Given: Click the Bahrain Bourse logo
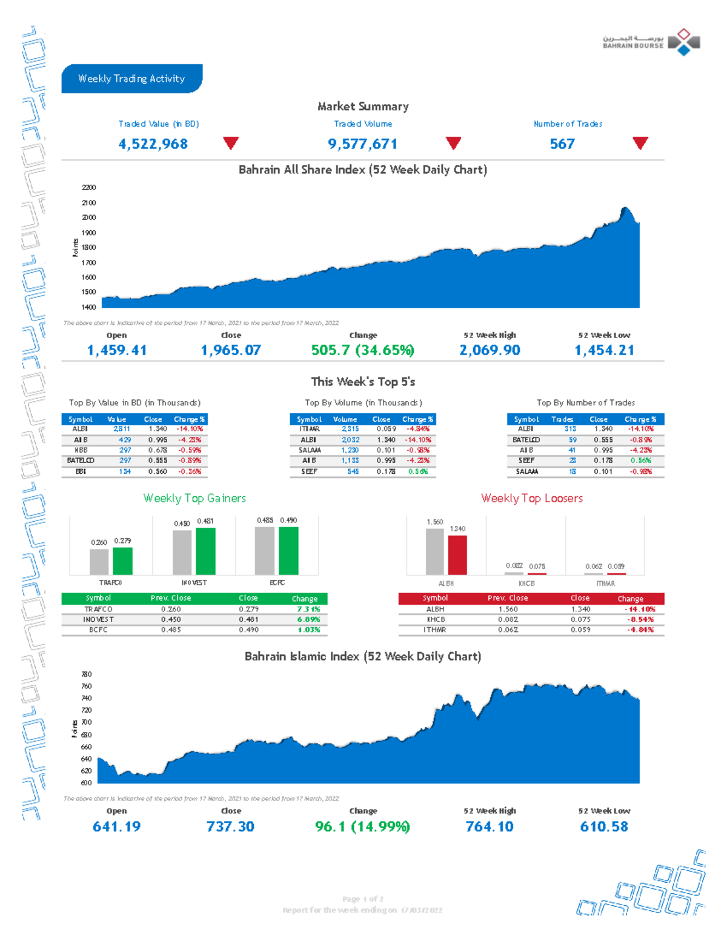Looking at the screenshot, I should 651,42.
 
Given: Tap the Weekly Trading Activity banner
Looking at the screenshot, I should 131,79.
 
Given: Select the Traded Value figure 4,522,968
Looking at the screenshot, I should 153,144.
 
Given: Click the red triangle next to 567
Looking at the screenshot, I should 640,143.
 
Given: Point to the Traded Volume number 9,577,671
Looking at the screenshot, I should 362,144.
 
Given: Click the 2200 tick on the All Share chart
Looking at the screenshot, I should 88,188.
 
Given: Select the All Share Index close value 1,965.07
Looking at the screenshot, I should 231,350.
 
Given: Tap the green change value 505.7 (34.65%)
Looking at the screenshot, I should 362,350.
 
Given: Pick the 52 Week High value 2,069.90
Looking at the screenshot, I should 490,350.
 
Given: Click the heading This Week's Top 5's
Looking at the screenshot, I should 363,382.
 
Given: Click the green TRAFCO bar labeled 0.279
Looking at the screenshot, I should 122,561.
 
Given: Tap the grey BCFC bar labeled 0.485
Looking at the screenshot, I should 264,550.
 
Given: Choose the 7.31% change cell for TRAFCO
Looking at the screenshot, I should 308,609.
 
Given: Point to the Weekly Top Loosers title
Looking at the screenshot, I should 531,498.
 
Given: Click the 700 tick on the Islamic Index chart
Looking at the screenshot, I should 86,722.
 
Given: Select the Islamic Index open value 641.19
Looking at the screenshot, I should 116,826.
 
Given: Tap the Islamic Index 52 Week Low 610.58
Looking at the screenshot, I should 604,826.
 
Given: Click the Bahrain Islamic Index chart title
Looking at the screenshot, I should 362,656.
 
